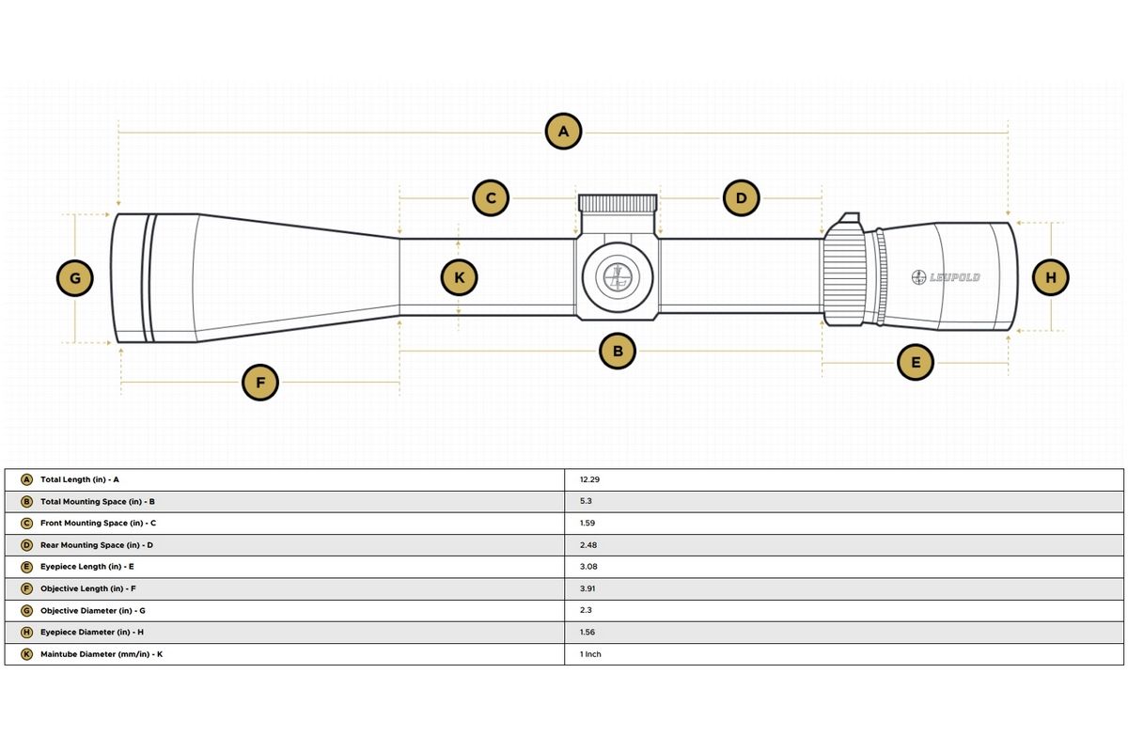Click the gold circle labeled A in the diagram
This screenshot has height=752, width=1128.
click(563, 133)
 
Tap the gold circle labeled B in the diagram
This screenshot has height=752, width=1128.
click(618, 352)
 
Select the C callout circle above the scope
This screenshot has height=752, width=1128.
click(490, 198)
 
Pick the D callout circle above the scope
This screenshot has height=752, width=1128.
click(741, 198)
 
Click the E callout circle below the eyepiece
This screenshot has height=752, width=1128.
click(915, 361)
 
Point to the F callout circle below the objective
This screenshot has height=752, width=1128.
click(260, 383)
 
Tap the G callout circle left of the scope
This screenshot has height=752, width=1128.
click(75, 278)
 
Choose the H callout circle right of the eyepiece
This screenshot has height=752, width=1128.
click(1051, 277)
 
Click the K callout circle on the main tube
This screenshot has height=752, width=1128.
click(459, 277)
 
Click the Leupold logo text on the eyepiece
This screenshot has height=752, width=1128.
click(948, 277)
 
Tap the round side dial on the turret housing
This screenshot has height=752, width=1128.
click(618, 277)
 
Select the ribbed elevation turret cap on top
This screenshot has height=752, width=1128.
click(618, 203)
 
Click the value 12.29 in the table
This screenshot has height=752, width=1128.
click(590, 479)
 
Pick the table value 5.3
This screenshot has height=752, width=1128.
click(586, 502)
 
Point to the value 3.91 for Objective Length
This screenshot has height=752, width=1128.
click(588, 588)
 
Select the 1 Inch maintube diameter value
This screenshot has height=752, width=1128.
click(591, 654)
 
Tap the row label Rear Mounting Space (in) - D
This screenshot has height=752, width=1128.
click(97, 545)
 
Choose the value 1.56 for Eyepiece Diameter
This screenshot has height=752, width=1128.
click(588, 633)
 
